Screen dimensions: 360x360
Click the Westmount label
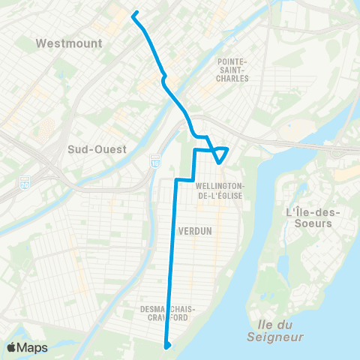(68, 43)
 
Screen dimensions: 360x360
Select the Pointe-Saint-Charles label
(236, 69)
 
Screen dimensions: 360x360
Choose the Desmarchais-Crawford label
(168, 313)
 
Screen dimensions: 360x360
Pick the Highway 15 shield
(155, 162)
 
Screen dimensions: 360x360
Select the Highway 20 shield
(25, 183)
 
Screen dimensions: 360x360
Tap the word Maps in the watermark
(33, 347)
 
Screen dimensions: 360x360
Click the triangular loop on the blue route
(219, 153)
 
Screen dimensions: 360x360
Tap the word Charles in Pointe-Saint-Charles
(236, 77)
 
